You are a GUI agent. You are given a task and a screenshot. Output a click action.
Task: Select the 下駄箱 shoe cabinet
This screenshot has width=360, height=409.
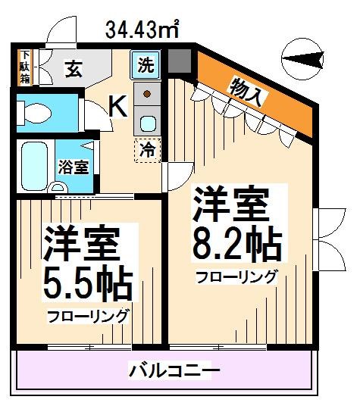[25, 67]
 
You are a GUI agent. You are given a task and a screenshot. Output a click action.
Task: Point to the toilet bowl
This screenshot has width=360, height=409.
[34, 114]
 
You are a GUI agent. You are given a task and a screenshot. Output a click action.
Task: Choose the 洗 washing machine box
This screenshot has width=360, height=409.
[146, 64]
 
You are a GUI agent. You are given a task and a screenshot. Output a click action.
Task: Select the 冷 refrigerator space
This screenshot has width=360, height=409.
[149, 149]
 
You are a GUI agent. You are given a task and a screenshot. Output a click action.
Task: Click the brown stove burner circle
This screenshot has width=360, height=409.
[147, 95]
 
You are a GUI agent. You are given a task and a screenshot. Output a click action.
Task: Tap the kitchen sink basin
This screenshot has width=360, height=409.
[147, 121]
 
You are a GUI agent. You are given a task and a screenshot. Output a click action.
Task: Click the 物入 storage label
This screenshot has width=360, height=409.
[249, 92]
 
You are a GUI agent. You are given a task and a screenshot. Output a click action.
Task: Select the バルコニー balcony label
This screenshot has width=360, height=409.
[174, 371]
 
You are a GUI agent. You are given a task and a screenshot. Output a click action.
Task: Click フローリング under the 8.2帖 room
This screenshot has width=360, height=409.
[236, 277]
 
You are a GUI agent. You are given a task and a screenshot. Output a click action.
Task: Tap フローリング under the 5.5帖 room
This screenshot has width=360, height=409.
[87, 316]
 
